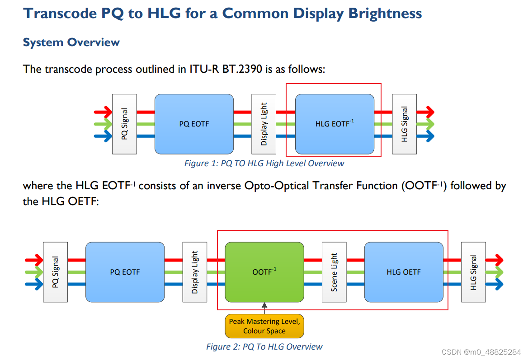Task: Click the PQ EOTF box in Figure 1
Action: point(194,124)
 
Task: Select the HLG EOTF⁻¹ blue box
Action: point(335,124)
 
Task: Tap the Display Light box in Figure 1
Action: point(264,124)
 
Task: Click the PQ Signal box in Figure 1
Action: point(124,124)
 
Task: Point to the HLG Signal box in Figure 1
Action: point(404,124)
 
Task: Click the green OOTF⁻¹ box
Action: point(264,272)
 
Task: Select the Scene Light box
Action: point(334,272)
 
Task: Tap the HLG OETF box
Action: point(404,272)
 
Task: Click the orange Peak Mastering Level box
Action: point(264,326)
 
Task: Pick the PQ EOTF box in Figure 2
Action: point(125,272)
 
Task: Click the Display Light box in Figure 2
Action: point(195,272)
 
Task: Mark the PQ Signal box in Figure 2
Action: point(55,272)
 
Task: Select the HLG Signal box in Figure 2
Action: point(473,272)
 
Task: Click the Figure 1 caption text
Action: point(264,164)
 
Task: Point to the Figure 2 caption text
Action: point(264,347)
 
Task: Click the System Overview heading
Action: point(71,42)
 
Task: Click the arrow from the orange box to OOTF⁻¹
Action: point(264,309)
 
